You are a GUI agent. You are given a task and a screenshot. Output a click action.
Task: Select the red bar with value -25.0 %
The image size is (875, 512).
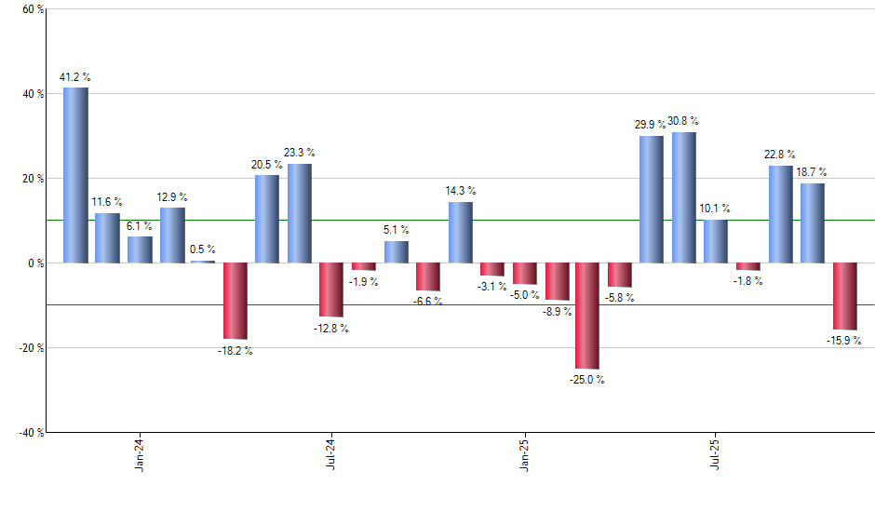587,316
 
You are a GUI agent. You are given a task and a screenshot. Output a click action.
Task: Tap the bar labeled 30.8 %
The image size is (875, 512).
683,197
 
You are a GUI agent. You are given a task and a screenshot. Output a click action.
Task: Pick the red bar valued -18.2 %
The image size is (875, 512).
236,301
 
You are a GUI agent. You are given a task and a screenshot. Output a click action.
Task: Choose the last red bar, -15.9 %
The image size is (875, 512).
844,296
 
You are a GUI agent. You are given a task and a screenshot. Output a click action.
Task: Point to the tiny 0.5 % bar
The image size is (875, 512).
203,262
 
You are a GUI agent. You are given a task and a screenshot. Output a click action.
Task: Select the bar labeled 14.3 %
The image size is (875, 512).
460,232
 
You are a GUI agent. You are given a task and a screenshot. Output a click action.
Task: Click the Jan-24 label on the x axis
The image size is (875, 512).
140,453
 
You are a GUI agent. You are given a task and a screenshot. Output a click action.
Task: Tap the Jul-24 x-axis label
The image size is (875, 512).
331,453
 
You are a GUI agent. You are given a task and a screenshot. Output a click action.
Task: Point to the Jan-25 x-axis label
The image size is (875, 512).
523,453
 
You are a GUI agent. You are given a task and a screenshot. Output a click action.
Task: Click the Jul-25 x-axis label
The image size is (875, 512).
715,453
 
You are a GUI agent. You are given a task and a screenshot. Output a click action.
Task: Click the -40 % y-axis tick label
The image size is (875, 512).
30,432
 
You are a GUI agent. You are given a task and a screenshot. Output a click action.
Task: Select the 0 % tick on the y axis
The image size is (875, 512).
34,263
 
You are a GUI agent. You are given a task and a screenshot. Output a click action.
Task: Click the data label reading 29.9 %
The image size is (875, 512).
650,124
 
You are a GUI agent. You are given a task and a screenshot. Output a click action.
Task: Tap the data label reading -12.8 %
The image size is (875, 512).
330,330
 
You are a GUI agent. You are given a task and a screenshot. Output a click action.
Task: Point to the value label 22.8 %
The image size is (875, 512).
779,154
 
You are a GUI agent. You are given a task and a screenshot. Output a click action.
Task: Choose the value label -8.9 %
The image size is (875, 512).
557,313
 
